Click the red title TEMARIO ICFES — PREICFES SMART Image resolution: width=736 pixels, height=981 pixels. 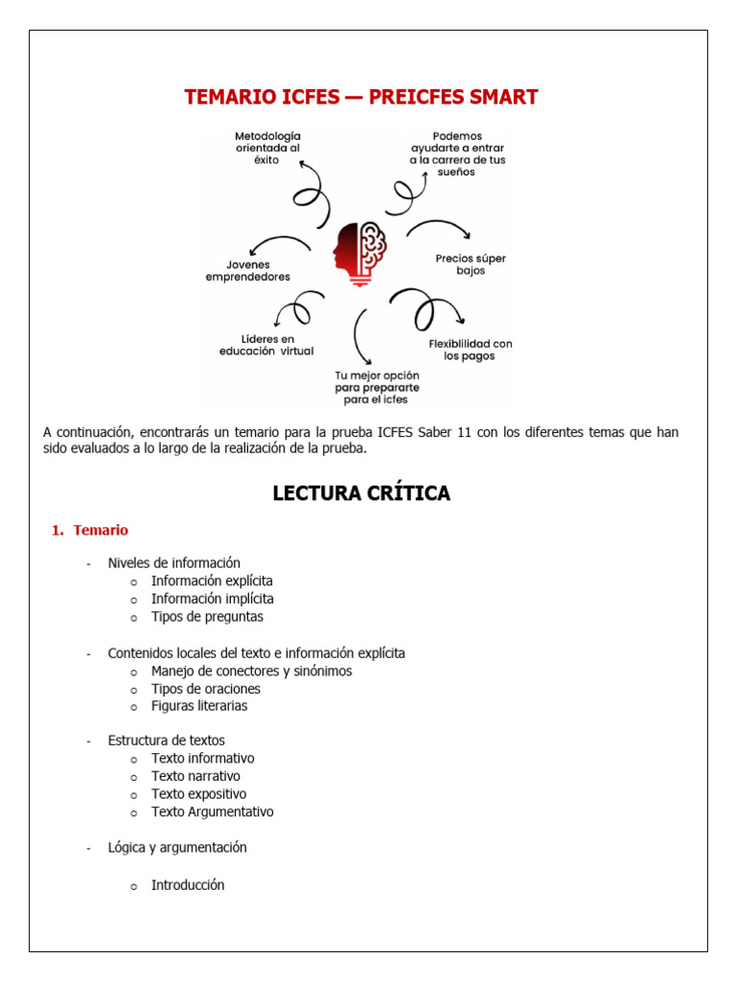pos(360,97)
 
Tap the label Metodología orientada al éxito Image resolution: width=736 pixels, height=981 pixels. pos(267,148)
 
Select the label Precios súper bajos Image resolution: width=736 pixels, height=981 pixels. pos(471,264)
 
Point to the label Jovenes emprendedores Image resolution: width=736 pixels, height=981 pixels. pos(247,270)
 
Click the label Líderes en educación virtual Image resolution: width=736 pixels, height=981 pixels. pos(265,345)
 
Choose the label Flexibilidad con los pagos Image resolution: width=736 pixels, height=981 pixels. pos(470,350)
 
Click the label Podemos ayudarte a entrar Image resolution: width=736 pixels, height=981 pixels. pos(457,153)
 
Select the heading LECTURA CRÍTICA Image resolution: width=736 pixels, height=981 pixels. pos(361,493)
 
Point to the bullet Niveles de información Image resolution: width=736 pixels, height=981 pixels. pos(173,562)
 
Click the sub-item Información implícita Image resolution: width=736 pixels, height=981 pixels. pos(212,599)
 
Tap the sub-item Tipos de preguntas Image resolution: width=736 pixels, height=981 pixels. pos(207,617)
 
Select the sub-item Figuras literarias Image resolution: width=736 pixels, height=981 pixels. pos(199,706)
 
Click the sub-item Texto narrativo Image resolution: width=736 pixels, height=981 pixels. pos(195,776)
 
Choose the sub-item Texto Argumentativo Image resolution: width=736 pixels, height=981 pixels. pos(212,811)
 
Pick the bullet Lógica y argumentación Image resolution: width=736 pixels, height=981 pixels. pos(177,847)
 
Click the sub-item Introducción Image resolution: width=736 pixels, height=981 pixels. pos(188,885)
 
